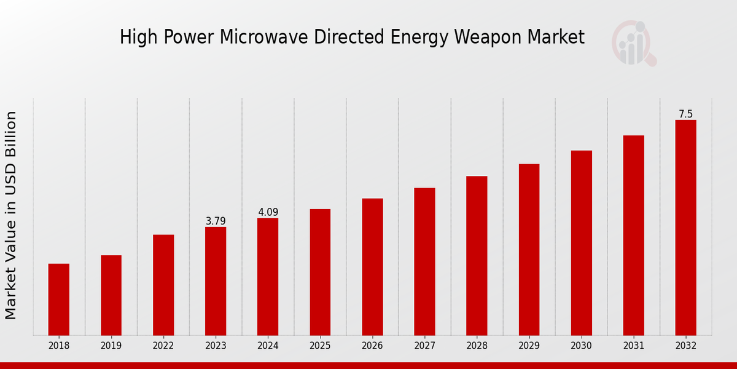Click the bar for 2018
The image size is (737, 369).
coord(59,300)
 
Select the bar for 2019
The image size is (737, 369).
coord(111,295)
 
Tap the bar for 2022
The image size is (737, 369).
coord(163,285)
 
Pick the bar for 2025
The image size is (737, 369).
coord(320,272)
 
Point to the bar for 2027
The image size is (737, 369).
coord(424,261)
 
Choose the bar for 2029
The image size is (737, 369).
coord(529,249)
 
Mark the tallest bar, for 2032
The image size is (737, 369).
coord(685,228)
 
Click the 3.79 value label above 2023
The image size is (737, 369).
coord(216,221)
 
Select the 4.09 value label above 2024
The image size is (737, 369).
coord(268,212)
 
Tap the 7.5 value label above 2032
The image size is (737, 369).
coord(685,114)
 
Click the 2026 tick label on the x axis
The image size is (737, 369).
coord(372,346)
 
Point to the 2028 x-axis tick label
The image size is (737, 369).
coord(477,346)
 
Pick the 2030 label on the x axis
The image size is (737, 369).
coord(581,346)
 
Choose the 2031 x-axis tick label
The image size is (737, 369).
coord(633,346)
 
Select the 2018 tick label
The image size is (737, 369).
coord(59,346)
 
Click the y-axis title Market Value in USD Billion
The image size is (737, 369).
coord(11,215)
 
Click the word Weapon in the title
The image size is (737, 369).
coord(486,38)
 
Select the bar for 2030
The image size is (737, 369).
coord(581,243)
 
